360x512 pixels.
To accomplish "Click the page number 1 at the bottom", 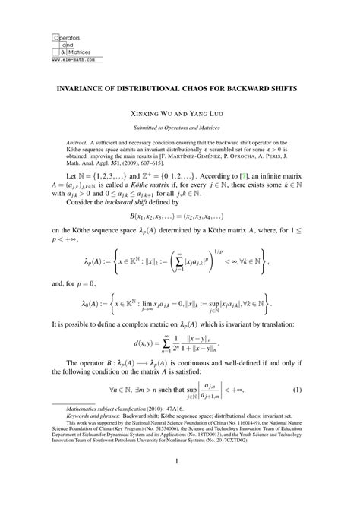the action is (x=180, y=482).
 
